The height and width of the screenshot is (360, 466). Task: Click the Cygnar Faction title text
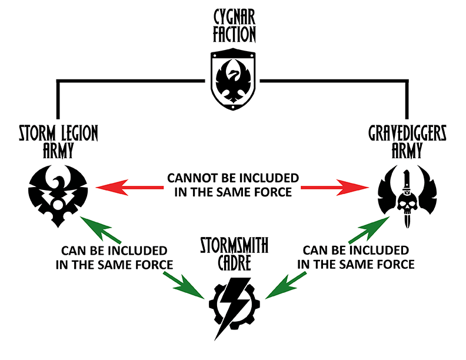tap(233, 26)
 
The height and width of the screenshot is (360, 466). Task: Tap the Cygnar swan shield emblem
tap(233, 81)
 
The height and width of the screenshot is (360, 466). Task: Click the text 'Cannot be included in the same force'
tap(232, 185)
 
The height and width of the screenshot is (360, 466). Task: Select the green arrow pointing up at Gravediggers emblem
tap(368, 230)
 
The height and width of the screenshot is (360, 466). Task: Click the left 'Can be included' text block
tap(114, 257)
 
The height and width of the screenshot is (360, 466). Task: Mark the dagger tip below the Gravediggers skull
tap(406, 224)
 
